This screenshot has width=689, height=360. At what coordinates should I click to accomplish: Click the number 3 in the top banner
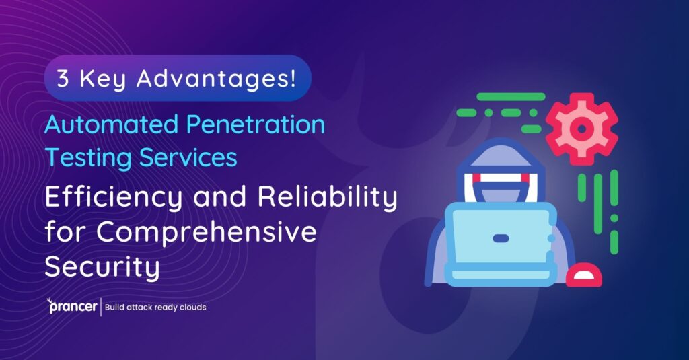[63, 79]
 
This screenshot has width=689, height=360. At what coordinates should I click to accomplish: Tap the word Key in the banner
[102, 79]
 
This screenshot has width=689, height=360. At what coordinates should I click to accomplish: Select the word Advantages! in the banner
[215, 79]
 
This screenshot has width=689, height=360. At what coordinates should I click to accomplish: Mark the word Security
[102, 267]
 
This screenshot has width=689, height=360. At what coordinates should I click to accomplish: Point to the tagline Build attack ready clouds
[155, 308]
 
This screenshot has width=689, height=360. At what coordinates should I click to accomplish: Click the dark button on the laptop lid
[501, 238]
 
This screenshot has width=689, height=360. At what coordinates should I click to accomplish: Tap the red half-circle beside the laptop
[583, 277]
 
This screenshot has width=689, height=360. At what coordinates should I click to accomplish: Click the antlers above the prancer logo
[51, 300]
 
